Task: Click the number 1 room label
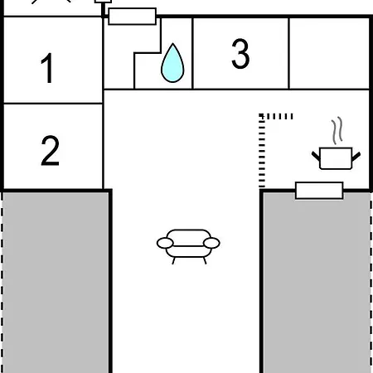[47, 68]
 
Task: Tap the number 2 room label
[50, 151]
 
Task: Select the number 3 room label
[240, 53]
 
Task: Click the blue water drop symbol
[172, 63]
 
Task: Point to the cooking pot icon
[336, 158]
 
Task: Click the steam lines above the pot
[337, 130]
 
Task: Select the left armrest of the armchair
[165, 243]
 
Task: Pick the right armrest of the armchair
[211, 243]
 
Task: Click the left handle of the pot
[316, 156]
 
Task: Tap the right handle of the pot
[356, 157]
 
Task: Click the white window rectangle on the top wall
[132, 17]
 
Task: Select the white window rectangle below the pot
[319, 191]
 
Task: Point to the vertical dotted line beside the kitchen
[262, 151]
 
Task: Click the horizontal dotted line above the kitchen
[276, 116]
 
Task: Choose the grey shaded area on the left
[56, 283]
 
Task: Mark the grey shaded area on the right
[317, 283]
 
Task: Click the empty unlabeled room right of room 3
[329, 53]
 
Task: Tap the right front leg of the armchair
[205, 260]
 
